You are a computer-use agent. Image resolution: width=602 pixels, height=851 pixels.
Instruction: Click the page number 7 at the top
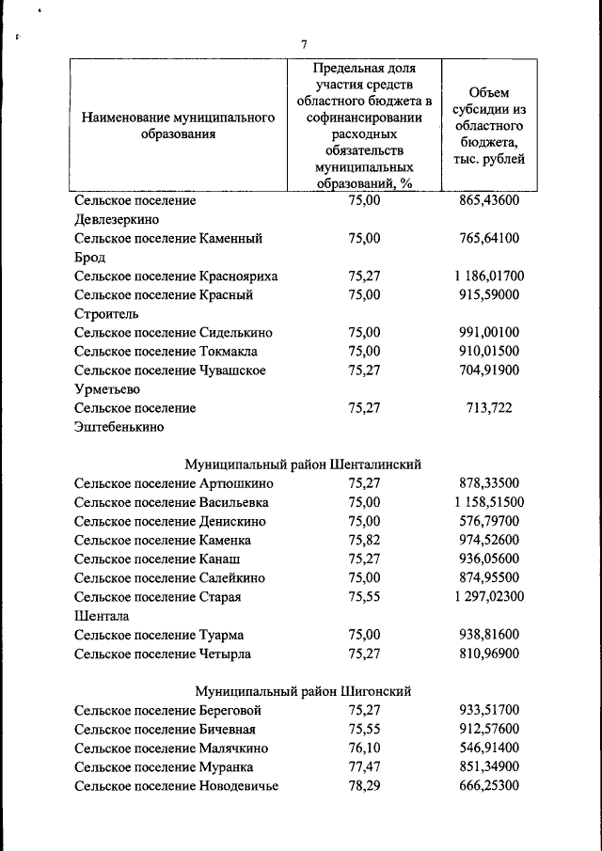304,44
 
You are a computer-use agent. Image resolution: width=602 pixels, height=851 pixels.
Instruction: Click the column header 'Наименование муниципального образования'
178,126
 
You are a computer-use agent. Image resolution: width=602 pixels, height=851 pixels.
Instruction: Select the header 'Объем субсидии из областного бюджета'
488,126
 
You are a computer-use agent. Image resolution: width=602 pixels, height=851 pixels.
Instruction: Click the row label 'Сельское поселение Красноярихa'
176,276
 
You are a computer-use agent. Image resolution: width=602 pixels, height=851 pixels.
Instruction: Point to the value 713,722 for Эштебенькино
488,408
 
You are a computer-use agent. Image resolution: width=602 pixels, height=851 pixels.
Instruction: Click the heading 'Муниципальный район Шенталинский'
303,465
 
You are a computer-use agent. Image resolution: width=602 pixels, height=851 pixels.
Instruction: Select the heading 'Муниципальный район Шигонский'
303,691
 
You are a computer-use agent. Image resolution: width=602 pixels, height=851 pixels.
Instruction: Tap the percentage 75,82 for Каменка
364,540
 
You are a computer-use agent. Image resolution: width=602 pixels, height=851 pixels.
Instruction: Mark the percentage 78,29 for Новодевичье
364,785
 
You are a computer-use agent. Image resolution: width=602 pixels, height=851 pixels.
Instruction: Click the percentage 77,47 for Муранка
364,766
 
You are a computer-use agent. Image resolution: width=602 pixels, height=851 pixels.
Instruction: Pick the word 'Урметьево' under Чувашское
107,389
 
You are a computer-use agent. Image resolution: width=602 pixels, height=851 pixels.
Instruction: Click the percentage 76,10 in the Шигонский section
364,748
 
